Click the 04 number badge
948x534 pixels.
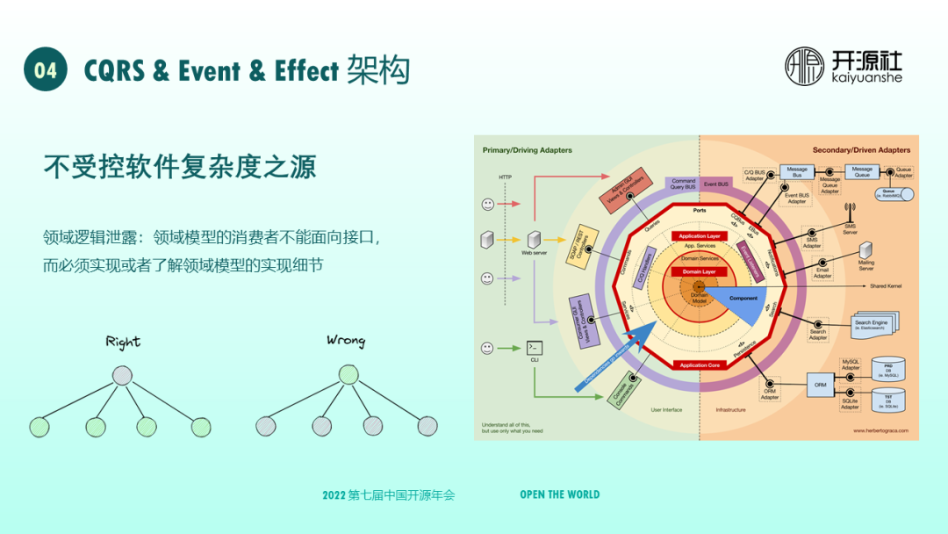[x=46, y=70]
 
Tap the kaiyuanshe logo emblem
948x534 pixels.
[x=805, y=67]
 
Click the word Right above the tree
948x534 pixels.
[x=123, y=342]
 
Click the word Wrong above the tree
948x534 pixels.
[x=345, y=340]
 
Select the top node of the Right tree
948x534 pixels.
[x=122, y=376]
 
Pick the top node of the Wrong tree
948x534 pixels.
[x=348, y=375]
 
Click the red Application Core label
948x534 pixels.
[x=700, y=364]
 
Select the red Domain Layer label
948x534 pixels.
[x=700, y=272]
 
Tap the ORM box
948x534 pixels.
[x=821, y=385]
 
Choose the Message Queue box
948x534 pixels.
[x=862, y=172]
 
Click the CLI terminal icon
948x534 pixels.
[x=533, y=348]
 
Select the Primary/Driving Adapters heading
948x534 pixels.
[x=527, y=150]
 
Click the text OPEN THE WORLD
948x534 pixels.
[x=559, y=494]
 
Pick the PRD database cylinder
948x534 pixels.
[x=887, y=370]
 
